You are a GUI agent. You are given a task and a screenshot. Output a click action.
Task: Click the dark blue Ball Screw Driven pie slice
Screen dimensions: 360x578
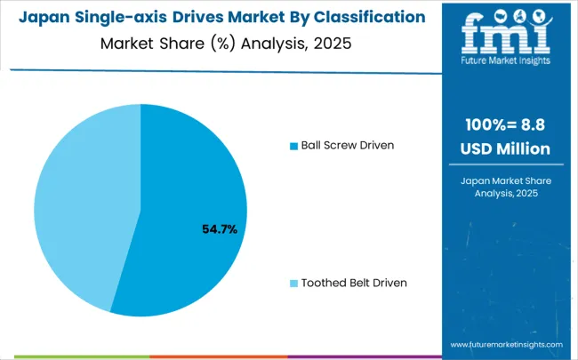coord(187,196)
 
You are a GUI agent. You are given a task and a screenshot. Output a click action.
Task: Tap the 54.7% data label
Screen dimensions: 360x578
coord(220,229)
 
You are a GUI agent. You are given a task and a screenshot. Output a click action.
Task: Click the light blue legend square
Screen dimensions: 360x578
coord(294,283)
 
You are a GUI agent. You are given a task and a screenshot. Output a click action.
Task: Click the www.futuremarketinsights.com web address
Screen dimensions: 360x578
coord(506,344)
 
